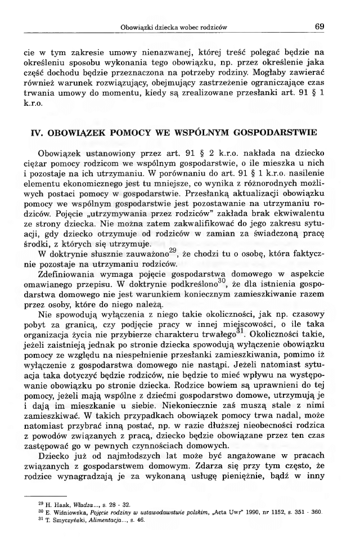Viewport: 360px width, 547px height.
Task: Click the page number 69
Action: click(319, 26)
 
